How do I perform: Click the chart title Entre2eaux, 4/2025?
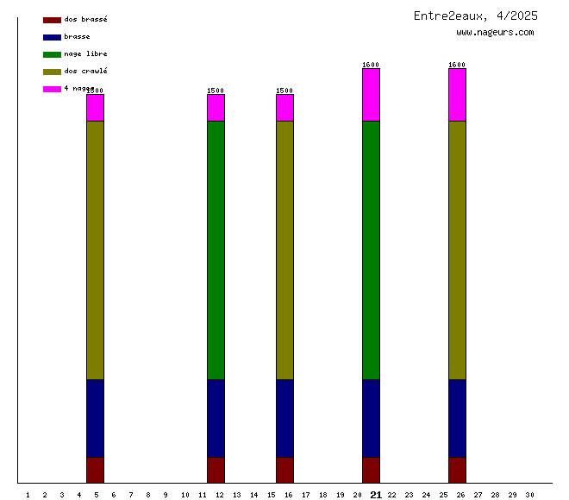(x=475, y=16)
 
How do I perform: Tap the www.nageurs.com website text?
(x=495, y=33)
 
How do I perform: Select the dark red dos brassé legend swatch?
(x=52, y=20)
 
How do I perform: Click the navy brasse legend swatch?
(x=52, y=37)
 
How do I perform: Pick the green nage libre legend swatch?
(x=52, y=54)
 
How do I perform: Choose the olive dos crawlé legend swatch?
(x=52, y=72)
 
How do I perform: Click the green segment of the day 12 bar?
(x=216, y=250)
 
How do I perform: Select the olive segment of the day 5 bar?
(x=95, y=250)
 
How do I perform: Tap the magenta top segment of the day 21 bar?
(x=371, y=95)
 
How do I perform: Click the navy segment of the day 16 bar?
(x=284, y=418)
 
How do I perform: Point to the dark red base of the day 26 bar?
(x=457, y=470)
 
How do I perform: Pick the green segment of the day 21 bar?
(x=371, y=250)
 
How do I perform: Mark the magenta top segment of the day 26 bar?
(x=457, y=95)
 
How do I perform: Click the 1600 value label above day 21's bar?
(x=371, y=65)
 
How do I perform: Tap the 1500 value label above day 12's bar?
(x=216, y=91)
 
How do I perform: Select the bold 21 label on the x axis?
(x=376, y=495)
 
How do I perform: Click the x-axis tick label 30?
(x=529, y=495)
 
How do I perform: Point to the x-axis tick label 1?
(x=28, y=495)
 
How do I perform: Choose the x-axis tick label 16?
(x=288, y=495)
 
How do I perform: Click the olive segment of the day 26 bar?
(x=457, y=250)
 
